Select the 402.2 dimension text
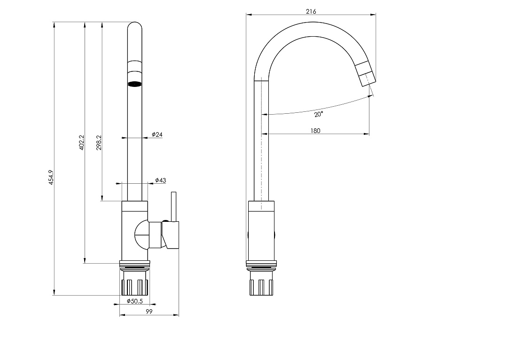pos(82,142)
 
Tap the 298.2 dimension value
pos(99,142)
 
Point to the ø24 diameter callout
pos(157,134)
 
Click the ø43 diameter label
pos(161,180)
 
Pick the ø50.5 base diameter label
pos(135,301)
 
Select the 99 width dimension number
pos(149,311)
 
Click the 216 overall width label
pos(311,12)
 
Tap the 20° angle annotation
pos(318,114)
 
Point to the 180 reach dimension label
pos(315,131)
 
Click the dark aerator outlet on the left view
pos(134,84)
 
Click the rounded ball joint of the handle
pos(142,235)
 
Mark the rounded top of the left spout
pos(134,26)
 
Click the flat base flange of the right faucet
pos(261,263)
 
